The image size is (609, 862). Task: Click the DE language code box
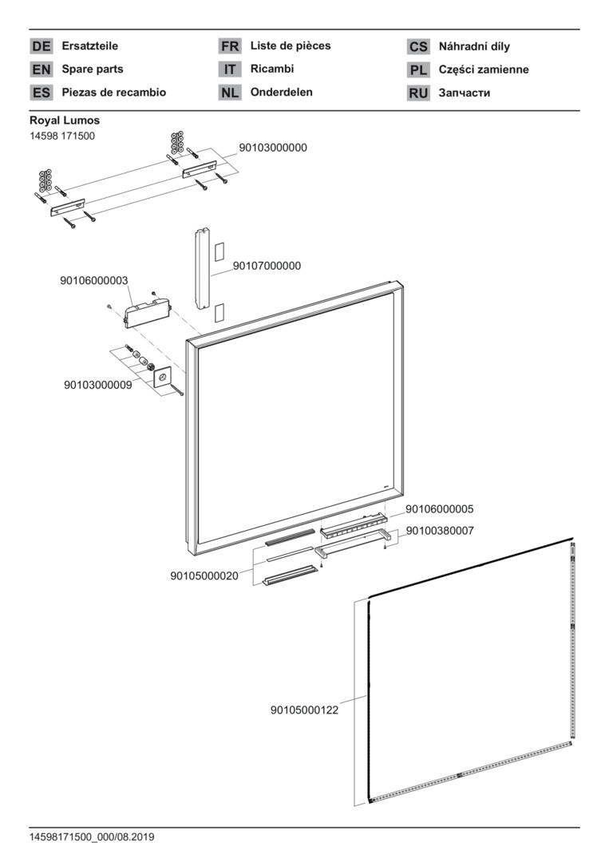click(41, 47)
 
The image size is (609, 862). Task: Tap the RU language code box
click(418, 93)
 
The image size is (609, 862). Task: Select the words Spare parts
click(93, 69)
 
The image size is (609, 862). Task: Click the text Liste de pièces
click(290, 45)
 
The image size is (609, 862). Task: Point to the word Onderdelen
click(281, 92)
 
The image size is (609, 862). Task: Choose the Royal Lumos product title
click(65, 121)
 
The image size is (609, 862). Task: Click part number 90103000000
click(273, 148)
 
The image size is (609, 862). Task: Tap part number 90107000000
click(267, 266)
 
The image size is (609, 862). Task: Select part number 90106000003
click(94, 280)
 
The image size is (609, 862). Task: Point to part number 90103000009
click(98, 385)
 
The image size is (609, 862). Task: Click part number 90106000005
click(440, 508)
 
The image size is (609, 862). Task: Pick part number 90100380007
click(440, 530)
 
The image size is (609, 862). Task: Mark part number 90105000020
click(204, 575)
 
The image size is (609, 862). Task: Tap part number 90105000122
click(304, 710)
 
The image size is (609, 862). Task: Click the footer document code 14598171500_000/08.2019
click(92, 837)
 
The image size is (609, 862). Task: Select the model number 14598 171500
click(62, 136)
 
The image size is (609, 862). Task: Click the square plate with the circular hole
click(163, 378)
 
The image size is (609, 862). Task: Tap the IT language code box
click(230, 69)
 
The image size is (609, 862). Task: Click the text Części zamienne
click(484, 69)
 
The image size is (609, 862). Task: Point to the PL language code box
click(418, 70)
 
